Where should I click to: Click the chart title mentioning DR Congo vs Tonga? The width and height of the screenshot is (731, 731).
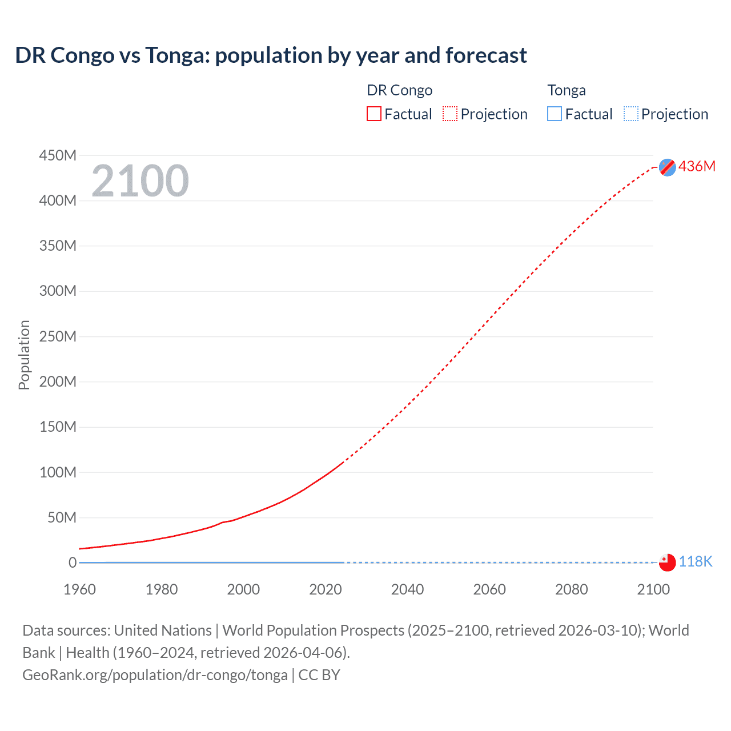pos(271,55)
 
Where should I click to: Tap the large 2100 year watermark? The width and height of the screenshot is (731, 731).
pos(140,181)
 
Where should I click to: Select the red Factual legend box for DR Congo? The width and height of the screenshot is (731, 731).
pos(374,114)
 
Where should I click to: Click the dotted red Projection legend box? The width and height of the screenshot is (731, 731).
pos(450,114)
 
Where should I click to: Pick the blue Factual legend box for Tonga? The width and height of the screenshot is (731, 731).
pos(555,114)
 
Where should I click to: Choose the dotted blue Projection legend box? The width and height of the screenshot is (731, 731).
pos(630,114)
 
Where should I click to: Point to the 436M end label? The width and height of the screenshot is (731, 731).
pos(697,166)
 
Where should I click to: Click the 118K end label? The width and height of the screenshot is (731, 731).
pos(696,561)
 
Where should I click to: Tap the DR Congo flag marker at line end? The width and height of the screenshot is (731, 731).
pos(667,167)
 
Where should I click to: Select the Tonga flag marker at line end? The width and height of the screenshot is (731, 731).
pos(667,563)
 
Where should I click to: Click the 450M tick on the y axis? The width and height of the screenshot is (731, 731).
pos(58,155)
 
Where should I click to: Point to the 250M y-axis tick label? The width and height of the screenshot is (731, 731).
pos(58,336)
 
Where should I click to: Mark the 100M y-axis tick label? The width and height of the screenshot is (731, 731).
pos(58,472)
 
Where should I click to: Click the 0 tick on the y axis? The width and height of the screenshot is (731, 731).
pos(73,563)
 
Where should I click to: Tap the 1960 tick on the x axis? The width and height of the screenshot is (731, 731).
pos(79,589)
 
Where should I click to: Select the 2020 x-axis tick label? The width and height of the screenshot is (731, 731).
pos(326,589)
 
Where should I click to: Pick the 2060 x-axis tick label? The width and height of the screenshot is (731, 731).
pos(489,589)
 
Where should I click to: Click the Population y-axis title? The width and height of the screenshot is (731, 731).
pos(24,355)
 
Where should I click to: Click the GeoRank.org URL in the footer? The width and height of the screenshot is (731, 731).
pos(155,675)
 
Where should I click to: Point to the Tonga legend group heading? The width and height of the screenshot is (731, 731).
pos(567,90)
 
